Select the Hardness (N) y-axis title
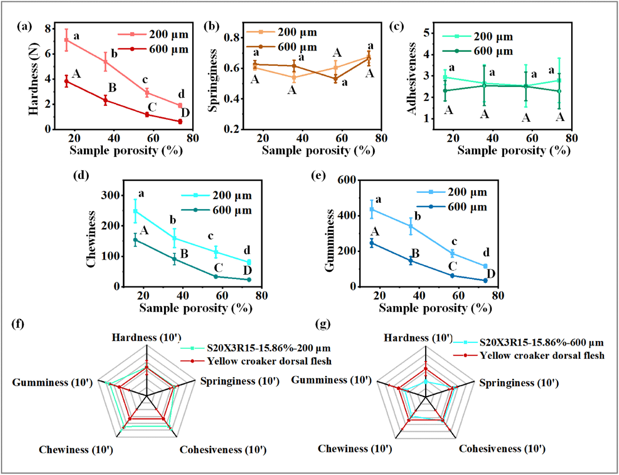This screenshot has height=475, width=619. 33,79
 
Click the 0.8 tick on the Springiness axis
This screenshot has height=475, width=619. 231,38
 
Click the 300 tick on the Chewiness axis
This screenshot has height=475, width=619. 110,195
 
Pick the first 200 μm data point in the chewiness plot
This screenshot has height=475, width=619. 135,211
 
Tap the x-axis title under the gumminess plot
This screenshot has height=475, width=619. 435,308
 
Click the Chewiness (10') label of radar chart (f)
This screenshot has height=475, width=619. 76,449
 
